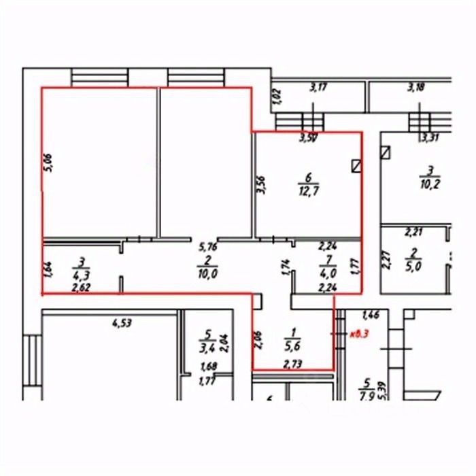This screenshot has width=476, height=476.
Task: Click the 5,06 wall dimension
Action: coord(48,164)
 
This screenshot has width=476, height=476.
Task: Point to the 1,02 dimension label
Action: coord(277,95)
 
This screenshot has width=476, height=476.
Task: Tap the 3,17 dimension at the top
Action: coord(318,86)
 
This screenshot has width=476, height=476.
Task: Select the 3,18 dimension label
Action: coord(415,86)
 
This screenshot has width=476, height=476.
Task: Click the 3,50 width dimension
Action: coord(309,138)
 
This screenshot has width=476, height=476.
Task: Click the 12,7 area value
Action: coord(309,190)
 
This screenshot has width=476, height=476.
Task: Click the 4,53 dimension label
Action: coord(120,323)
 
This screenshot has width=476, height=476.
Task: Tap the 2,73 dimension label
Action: coord(292,364)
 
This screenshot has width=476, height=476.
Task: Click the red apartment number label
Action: coord(358,334)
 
